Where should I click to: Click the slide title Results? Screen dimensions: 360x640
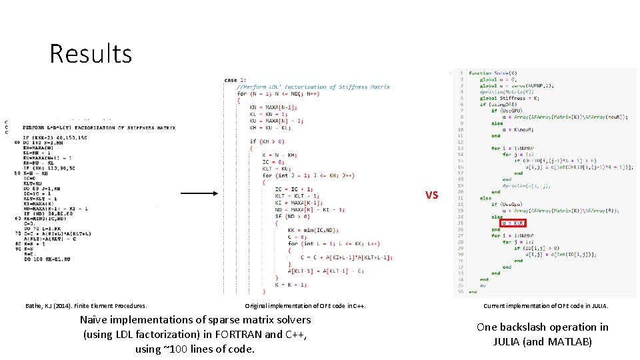(x=91, y=53)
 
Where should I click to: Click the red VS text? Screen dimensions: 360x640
(x=432, y=195)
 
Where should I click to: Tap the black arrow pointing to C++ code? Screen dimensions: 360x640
(x=199, y=194)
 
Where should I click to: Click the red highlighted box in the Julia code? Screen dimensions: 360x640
(x=513, y=223)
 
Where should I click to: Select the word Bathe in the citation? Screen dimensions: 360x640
(x=32, y=306)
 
